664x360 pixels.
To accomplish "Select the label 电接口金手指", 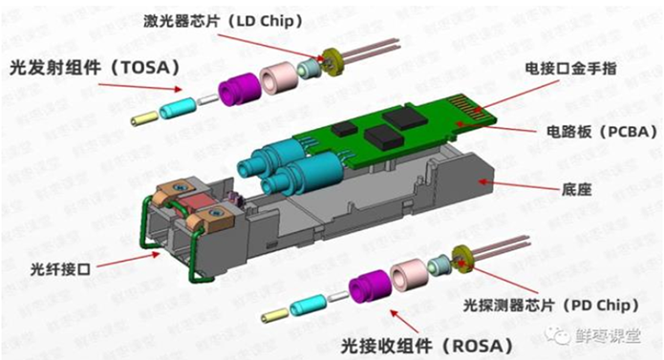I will click(x=572, y=70).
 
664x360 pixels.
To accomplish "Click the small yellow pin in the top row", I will click(x=145, y=117).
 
